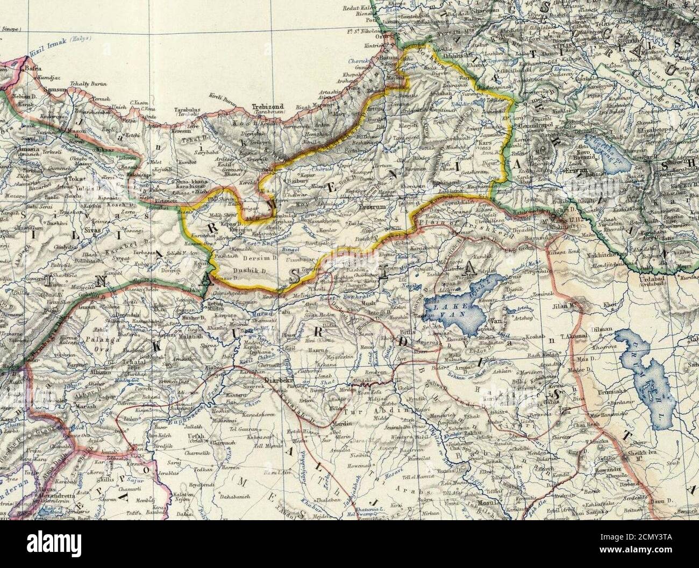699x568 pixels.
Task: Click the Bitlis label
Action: pos(409,332)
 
